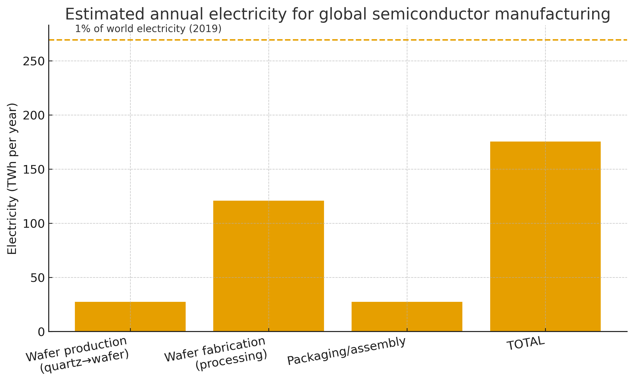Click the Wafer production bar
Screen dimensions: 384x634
click(130, 316)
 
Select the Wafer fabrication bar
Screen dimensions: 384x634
click(268, 266)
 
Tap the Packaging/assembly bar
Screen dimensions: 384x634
click(407, 316)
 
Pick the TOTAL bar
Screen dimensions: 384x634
click(545, 237)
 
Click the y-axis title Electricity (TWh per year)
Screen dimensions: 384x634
click(12, 179)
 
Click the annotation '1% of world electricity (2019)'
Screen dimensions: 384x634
click(148, 29)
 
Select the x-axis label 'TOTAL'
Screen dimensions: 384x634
click(526, 344)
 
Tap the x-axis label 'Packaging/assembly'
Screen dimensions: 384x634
click(346, 351)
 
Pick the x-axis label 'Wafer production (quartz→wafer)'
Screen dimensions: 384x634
click(77, 355)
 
